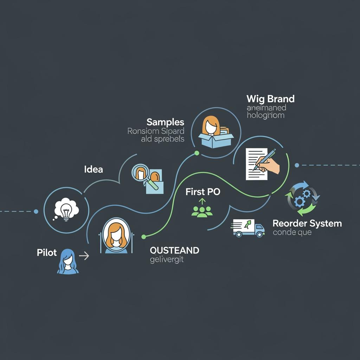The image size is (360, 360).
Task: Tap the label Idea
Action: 94,169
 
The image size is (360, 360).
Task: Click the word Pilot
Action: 47,253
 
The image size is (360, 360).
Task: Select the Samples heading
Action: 165,122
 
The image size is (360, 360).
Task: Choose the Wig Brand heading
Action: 270,98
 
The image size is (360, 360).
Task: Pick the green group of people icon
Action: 202,210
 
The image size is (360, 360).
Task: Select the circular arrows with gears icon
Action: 302,198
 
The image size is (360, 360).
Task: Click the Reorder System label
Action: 307,223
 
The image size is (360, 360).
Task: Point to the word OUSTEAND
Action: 174,250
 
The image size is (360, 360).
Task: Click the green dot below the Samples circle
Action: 197,153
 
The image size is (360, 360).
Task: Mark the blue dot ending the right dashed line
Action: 297,165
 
